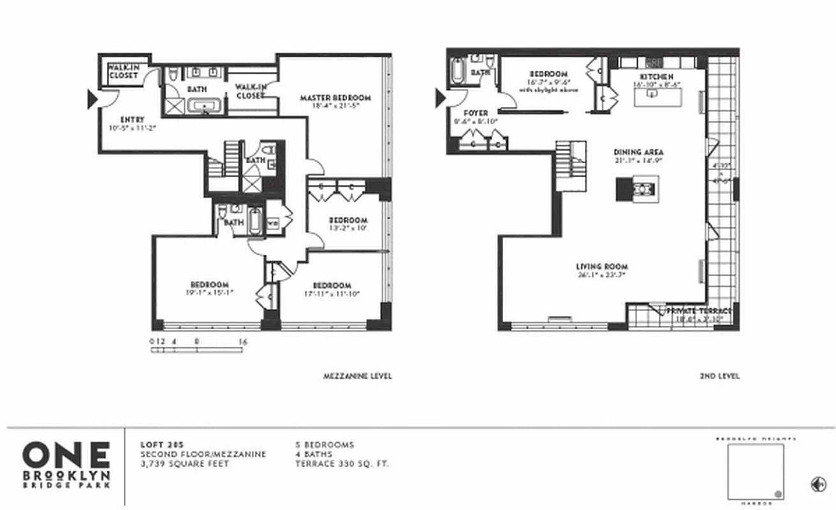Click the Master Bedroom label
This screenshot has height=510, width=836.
click(335, 98)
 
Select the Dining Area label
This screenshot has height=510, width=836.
click(638, 152)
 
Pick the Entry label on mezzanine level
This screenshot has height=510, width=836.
click(131, 119)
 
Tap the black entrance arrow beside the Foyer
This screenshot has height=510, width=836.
click(441, 98)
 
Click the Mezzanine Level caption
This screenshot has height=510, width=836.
click(358, 376)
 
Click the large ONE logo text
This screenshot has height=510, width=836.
click(66, 455)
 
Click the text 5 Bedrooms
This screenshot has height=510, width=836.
click(324, 445)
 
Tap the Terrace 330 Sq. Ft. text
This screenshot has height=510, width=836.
click(341, 463)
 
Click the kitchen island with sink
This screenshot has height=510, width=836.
click(657, 96)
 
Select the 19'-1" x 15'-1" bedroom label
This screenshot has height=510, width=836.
click(209, 288)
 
